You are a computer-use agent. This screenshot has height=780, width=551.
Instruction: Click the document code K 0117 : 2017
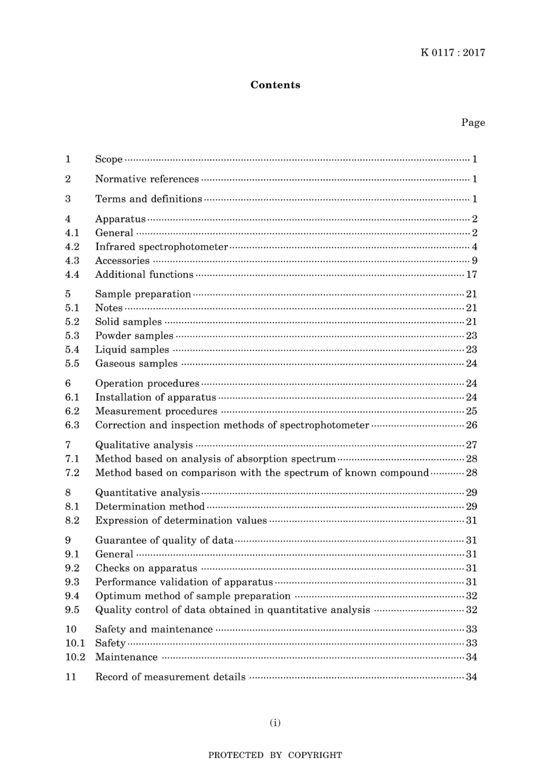click(452, 53)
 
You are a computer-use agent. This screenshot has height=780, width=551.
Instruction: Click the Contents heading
click(275, 85)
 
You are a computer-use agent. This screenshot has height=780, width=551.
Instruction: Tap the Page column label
click(473, 122)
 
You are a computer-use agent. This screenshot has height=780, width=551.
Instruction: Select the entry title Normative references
click(147, 179)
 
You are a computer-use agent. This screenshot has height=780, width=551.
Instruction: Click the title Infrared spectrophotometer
click(161, 247)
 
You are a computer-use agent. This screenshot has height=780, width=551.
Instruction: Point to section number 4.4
click(72, 275)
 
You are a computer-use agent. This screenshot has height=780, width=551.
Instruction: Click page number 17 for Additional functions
click(472, 275)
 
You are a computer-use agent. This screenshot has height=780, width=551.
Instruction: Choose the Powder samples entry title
click(134, 336)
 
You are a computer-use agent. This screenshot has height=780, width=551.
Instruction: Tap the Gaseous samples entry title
click(136, 364)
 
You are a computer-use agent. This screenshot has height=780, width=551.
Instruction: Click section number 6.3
click(72, 425)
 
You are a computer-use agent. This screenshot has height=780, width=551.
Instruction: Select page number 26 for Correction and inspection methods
click(472, 425)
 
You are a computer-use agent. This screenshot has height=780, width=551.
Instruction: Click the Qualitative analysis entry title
click(144, 445)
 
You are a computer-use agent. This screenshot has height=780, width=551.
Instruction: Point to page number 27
click(472, 445)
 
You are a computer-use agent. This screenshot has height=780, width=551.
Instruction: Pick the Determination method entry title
click(150, 506)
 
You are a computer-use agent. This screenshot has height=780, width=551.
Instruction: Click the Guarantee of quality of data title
click(164, 540)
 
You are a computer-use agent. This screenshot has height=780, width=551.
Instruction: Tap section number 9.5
click(72, 610)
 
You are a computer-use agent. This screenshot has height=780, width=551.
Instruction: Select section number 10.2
click(75, 657)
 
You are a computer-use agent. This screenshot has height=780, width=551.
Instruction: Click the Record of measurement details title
click(170, 677)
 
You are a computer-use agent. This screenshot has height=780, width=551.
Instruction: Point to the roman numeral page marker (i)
click(275, 723)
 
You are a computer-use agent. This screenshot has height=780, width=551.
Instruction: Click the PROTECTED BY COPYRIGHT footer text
click(275, 755)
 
